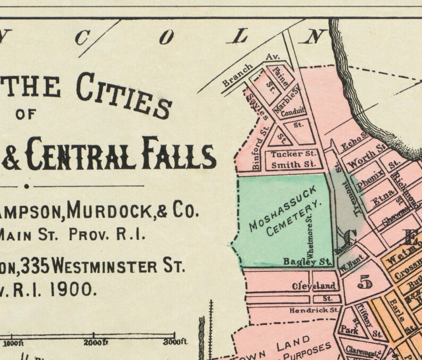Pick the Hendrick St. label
click(314, 309)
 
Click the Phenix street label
click(367, 181)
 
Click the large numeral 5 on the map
click(364, 282)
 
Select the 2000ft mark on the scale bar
click(96, 341)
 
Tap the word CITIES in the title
click(124, 94)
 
